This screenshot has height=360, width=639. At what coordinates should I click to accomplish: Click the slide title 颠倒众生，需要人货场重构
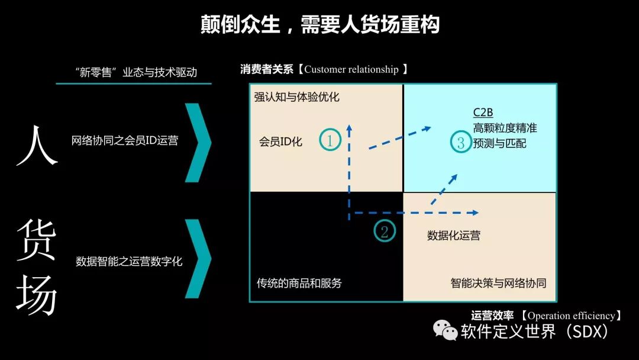tap(319, 25)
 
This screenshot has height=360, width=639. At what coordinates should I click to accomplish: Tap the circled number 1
tap(330, 140)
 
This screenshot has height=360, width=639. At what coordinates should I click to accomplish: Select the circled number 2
tap(385, 231)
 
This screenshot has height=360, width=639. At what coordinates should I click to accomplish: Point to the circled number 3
tap(461, 142)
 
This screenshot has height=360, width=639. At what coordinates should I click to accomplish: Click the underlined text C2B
tap(483, 112)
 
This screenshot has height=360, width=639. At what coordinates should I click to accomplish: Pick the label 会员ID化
tap(280, 142)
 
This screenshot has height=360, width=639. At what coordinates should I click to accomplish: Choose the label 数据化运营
tap(454, 236)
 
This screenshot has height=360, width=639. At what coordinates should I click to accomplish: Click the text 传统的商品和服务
tap(299, 283)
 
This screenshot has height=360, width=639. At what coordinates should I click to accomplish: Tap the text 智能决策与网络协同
tap(498, 283)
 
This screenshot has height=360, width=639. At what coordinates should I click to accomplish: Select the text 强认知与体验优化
tap(297, 97)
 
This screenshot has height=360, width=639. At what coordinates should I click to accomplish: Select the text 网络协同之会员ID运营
tap(124, 141)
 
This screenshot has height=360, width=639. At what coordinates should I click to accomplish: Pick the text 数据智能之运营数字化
tap(129, 261)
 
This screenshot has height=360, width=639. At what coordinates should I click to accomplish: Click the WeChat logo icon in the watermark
tap(445, 330)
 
